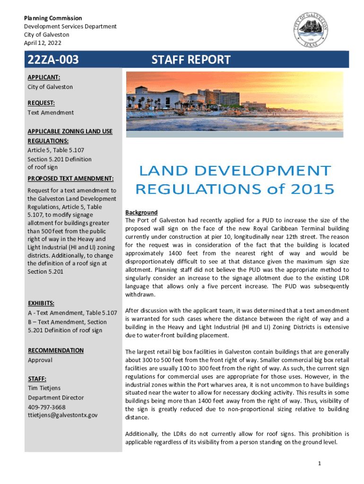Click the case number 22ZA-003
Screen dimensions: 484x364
pyautogui.click(x=53, y=60)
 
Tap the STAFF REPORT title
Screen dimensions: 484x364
pyautogui.click(x=191, y=60)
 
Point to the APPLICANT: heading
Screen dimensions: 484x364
pyautogui.click(x=43, y=77)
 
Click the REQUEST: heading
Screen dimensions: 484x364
pyautogui.click(x=41, y=103)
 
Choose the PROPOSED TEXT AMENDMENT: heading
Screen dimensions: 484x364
pyautogui.click(x=70, y=179)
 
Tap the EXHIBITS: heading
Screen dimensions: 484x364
pyautogui.click(x=41, y=303)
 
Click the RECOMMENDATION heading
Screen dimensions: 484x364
pyautogui.click(x=55, y=350)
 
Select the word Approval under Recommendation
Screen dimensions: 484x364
pyautogui.click(x=40, y=360)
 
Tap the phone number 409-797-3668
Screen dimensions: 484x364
pyautogui.click(x=46, y=407)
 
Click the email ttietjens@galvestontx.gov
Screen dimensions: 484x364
pyautogui.click(x=62, y=415)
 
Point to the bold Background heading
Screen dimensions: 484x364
pyautogui.click(x=141, y=213)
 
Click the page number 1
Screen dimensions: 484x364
pyautogui.click(x=320, y=464)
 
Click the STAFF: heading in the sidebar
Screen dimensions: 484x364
pyautogui.click(x=37, y=379)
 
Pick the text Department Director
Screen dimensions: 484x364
pyautogui.click(x=55, y=398)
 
